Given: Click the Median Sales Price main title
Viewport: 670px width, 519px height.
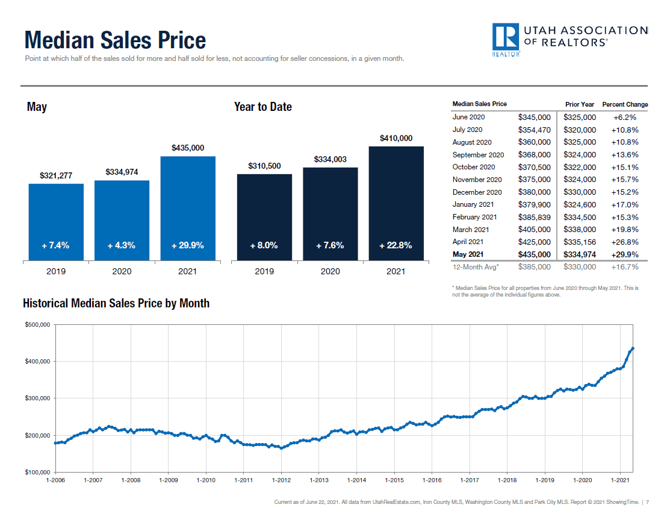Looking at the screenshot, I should point(115,40).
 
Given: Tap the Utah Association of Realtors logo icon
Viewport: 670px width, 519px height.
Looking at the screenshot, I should point(506,37).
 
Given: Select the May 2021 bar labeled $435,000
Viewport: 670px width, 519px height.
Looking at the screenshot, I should point(188,208).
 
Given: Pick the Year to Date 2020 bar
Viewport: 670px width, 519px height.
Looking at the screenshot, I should point(330,213).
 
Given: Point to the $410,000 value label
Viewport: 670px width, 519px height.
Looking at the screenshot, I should point(396,138).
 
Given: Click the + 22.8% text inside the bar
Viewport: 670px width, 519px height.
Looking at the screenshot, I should point(395,245).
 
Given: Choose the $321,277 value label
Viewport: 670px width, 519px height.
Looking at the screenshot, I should point(56,175).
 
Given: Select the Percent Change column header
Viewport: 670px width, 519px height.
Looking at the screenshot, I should point(625,104).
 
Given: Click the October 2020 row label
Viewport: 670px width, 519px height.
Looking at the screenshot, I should point(474,167).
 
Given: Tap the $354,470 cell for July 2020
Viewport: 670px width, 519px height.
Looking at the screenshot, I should point(534,130).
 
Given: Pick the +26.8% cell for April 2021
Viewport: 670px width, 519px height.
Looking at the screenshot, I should point(625,242).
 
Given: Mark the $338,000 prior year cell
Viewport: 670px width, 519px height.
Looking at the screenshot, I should point(580,229).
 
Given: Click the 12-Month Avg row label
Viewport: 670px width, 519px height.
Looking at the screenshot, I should point(476,266).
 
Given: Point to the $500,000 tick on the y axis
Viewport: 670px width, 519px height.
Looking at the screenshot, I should point(37,325).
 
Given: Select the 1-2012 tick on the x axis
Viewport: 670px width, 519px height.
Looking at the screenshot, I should point(282,480).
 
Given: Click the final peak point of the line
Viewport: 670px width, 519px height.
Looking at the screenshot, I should point(633,348).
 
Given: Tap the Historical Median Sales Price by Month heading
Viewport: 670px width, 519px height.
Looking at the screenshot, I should point(116,303).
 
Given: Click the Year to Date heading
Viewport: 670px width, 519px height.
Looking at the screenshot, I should point(262,107).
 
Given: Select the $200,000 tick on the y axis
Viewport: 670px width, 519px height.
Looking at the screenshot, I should point(37,435).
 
